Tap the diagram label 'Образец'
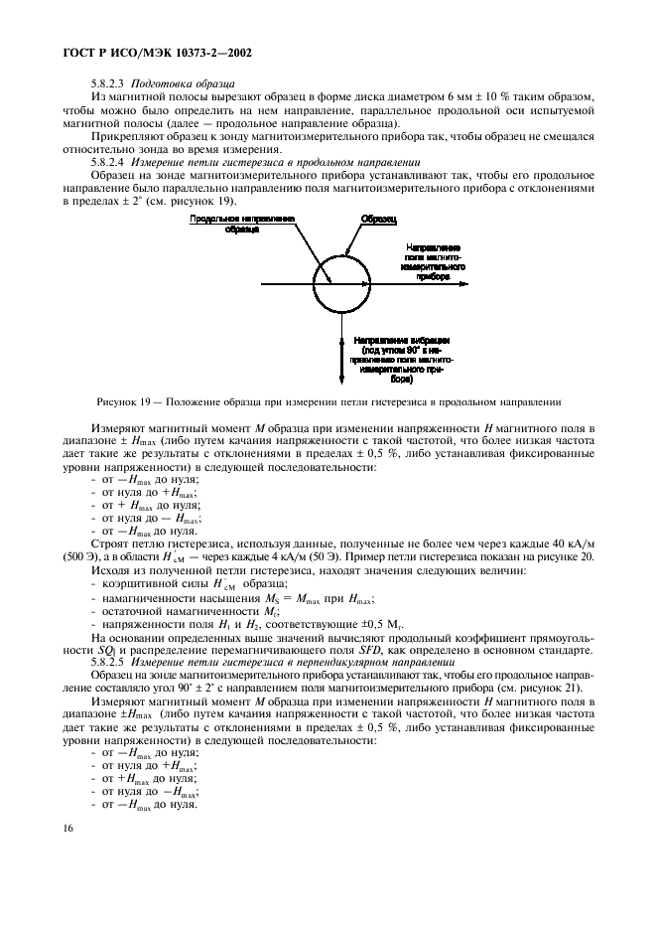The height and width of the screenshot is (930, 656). coord(379,218)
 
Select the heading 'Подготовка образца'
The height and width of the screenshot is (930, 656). coord(182,83)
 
